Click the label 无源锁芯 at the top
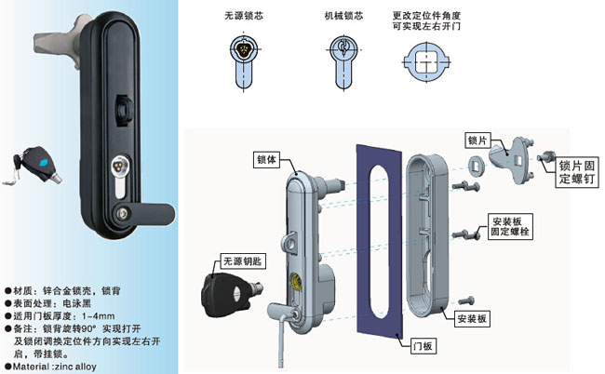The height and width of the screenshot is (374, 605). (249, 16)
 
